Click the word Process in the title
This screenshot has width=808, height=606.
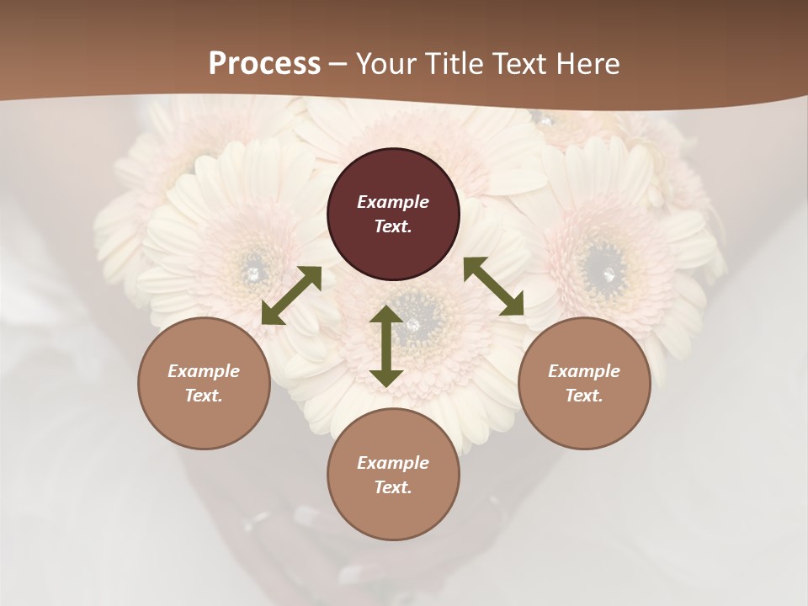264,64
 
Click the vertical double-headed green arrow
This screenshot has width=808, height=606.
386,346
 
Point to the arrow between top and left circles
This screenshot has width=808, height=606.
291,295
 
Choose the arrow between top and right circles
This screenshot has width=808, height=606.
494,287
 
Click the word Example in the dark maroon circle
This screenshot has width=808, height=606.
393,202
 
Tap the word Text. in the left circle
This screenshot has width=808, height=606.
204,396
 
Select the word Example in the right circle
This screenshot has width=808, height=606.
584,371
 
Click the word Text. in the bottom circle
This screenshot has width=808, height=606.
393,487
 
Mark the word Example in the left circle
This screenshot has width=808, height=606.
204,371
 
